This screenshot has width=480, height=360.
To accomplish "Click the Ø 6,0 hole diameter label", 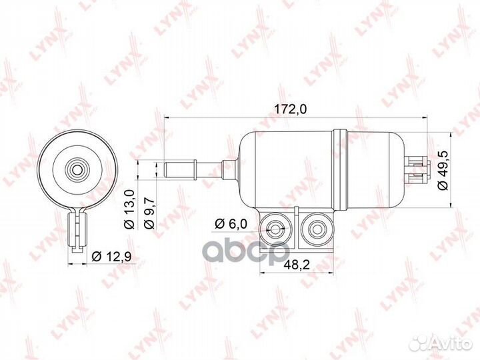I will [x=233, y=222].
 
